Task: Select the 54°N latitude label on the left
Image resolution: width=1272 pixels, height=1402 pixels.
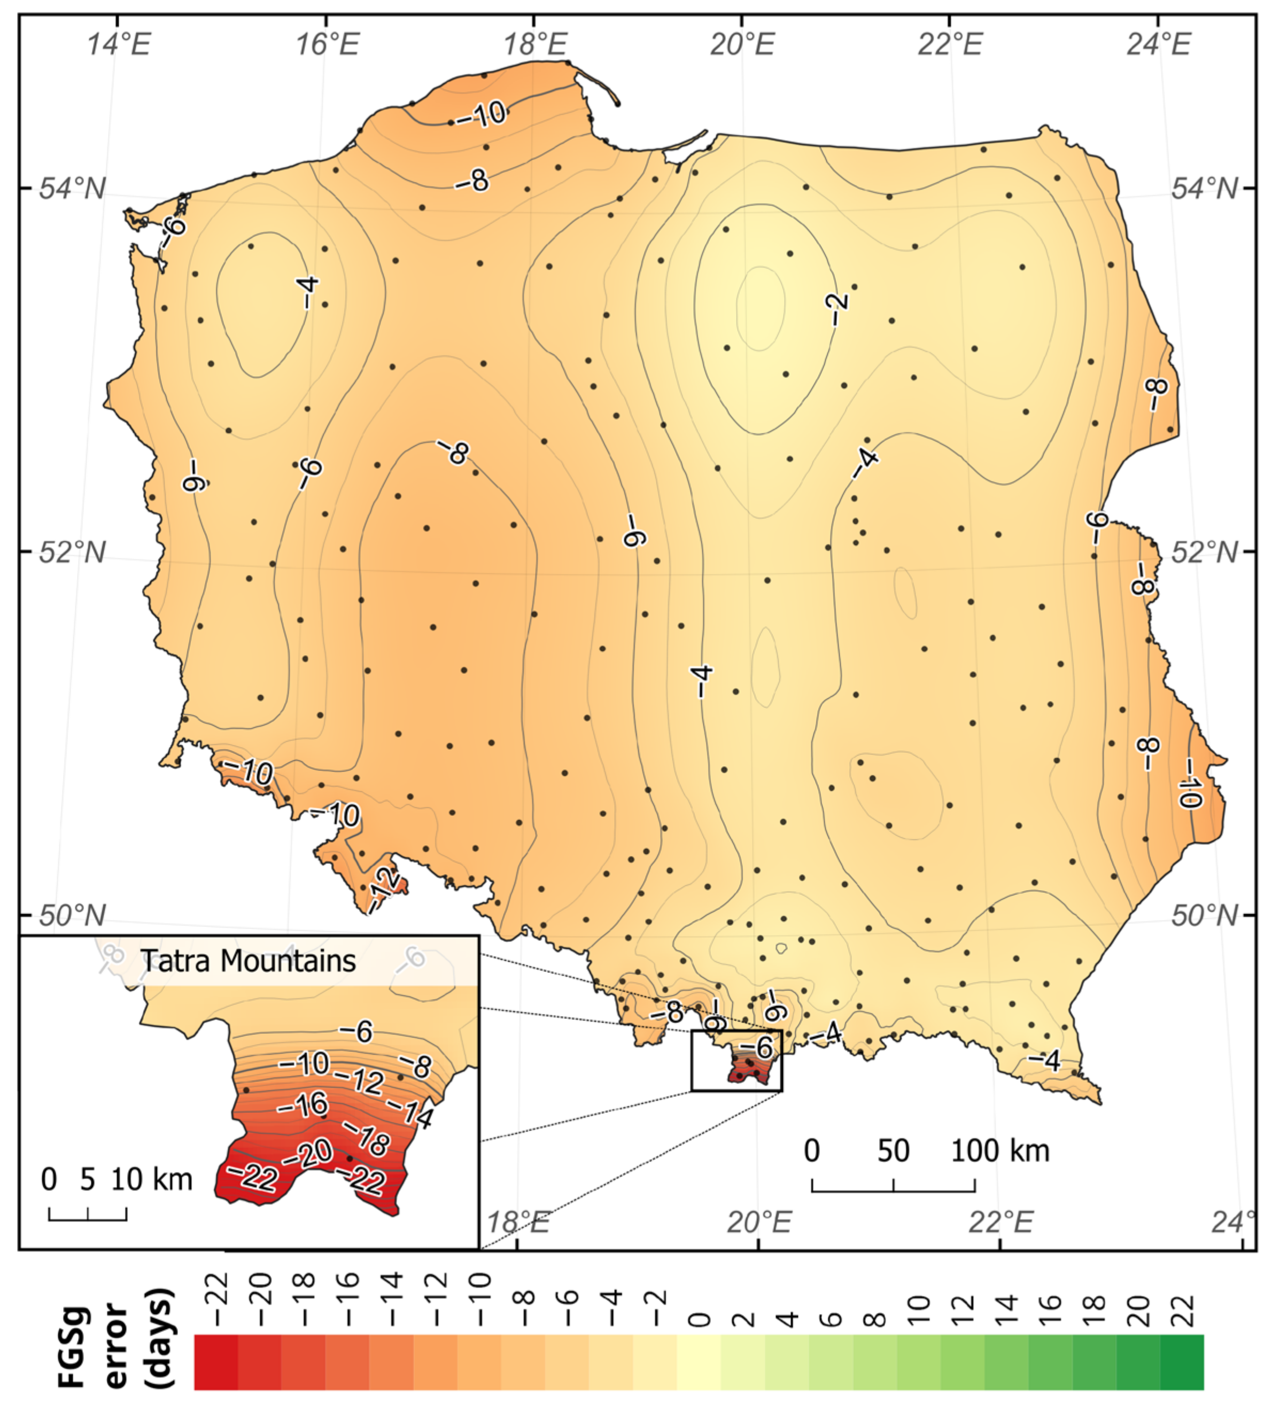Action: [72, 189]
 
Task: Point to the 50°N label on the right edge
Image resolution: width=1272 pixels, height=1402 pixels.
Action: [1204, 916]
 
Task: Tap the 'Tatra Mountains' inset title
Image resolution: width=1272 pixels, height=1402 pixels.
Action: [249, 961]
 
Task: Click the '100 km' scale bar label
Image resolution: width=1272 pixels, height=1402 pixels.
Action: [1000, 1151]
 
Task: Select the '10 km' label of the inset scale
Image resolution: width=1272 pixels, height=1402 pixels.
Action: [152, 1180]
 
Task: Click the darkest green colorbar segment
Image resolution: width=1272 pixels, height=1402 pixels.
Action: [1182, 1362]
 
